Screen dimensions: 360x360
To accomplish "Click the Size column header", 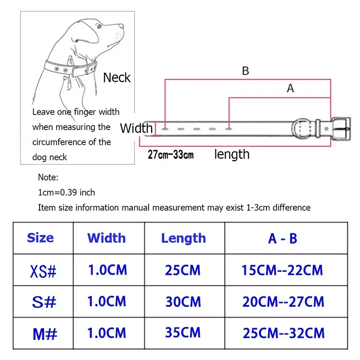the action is [40, 238].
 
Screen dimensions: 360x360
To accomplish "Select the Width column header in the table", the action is [107, 238].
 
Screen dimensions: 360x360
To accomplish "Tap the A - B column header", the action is [283, 238].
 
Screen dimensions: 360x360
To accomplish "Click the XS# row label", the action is [43, 271].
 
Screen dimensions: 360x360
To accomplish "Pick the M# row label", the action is [45, 334].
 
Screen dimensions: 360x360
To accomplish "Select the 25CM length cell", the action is [183, 270].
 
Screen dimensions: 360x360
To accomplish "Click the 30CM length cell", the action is [183, 301].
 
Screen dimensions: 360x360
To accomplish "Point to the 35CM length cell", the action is [183, 332].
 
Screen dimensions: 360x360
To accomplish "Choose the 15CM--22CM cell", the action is [282, 270].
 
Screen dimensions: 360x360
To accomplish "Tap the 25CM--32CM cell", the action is [284, 333].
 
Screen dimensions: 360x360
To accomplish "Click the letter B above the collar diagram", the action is [245, 71].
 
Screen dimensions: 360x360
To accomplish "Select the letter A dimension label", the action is [290, 88].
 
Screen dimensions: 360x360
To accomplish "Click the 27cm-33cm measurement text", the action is [171, 154].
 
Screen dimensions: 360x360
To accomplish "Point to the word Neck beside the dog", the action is [117, 77].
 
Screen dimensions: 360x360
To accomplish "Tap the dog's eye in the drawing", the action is [99, 26].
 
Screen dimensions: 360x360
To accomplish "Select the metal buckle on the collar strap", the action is [341, 129].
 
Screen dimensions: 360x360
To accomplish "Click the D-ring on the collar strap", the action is [301, 129].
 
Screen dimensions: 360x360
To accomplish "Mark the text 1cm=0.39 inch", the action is [66, 193].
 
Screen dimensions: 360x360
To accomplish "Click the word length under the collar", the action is [232, 154].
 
